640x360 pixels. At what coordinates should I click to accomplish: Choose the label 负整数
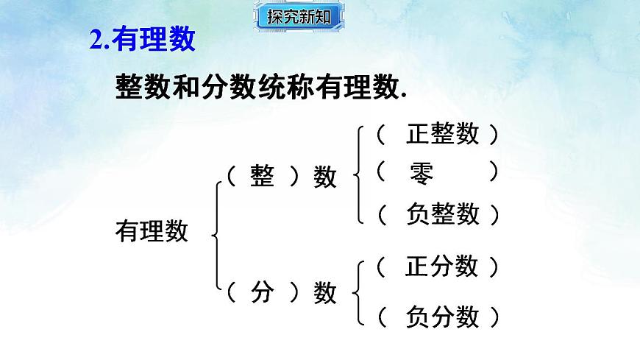442,214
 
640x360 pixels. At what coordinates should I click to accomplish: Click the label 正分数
441,266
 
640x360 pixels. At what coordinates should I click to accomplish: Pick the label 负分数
442,317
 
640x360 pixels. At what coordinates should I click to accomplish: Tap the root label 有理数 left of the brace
152,232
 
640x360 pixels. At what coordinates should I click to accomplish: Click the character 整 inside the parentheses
262,177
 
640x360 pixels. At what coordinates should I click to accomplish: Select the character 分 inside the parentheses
262,293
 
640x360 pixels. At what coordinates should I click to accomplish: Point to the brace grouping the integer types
359,174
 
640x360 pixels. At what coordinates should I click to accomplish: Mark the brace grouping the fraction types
359,292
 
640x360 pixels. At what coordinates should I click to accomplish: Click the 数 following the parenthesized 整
325,177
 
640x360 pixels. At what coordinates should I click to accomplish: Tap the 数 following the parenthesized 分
325,294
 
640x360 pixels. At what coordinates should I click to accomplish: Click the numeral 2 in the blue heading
95,40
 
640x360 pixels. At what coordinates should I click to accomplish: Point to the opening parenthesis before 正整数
380,134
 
